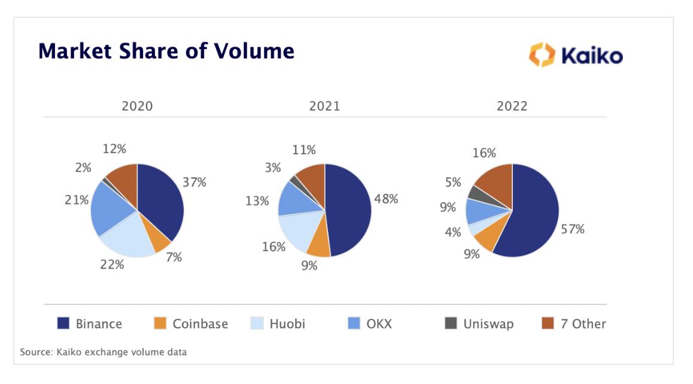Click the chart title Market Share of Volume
(166, 51)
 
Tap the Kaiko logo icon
(542, 55)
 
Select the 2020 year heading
(137, 106)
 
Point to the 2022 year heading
(512, 106)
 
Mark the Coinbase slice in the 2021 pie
(318, 242)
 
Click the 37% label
(194, 182)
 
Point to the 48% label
(386, 199)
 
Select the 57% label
(573, 229)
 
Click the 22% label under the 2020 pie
(112, 264)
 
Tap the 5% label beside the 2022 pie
(453, 182)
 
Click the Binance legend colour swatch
(63, 324)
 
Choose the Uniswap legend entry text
(488, 324)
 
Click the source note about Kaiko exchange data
(103, 352)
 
